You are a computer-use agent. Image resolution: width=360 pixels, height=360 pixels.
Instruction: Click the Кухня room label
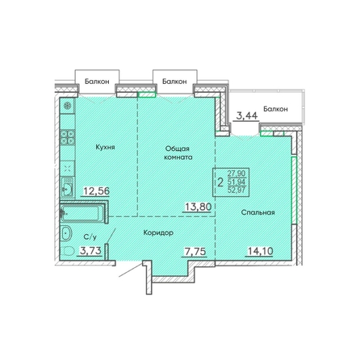point(105,147)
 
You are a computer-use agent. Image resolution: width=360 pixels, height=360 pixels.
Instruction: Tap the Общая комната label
point(178,153)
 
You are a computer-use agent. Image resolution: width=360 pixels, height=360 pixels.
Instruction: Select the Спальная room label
point(257,212)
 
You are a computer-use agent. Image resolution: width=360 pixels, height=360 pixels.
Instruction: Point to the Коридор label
point(158,232)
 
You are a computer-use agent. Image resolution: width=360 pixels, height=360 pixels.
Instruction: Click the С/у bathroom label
point(90,237)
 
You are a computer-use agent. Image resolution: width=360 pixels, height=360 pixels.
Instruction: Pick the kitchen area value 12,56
point(96,191)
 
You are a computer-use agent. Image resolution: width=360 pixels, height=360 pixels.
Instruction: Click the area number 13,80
point(198,207)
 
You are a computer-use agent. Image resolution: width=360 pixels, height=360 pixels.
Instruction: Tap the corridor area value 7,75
point(195,251)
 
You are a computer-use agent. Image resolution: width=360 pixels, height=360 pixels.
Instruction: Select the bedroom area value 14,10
point(260,251)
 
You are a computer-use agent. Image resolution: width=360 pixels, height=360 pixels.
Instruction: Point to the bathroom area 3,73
point(90,250)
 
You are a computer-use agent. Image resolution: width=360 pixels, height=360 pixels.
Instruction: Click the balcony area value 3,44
point(247,115)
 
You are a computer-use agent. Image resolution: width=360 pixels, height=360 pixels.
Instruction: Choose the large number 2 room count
point(220,182)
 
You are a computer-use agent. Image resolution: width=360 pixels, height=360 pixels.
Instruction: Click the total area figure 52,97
point(237,190)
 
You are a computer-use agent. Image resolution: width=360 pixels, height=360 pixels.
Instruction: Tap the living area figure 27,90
point(237,173)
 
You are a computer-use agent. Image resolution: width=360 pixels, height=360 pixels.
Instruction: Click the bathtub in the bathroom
point(82,214)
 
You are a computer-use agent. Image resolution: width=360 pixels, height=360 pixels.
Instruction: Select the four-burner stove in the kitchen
point(67,137)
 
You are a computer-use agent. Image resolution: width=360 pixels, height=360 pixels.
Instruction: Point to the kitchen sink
point(67,188)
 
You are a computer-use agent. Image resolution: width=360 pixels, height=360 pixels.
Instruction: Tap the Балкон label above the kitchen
point(97,82)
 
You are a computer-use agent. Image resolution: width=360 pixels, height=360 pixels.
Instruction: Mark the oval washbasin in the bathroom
point(66,233)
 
